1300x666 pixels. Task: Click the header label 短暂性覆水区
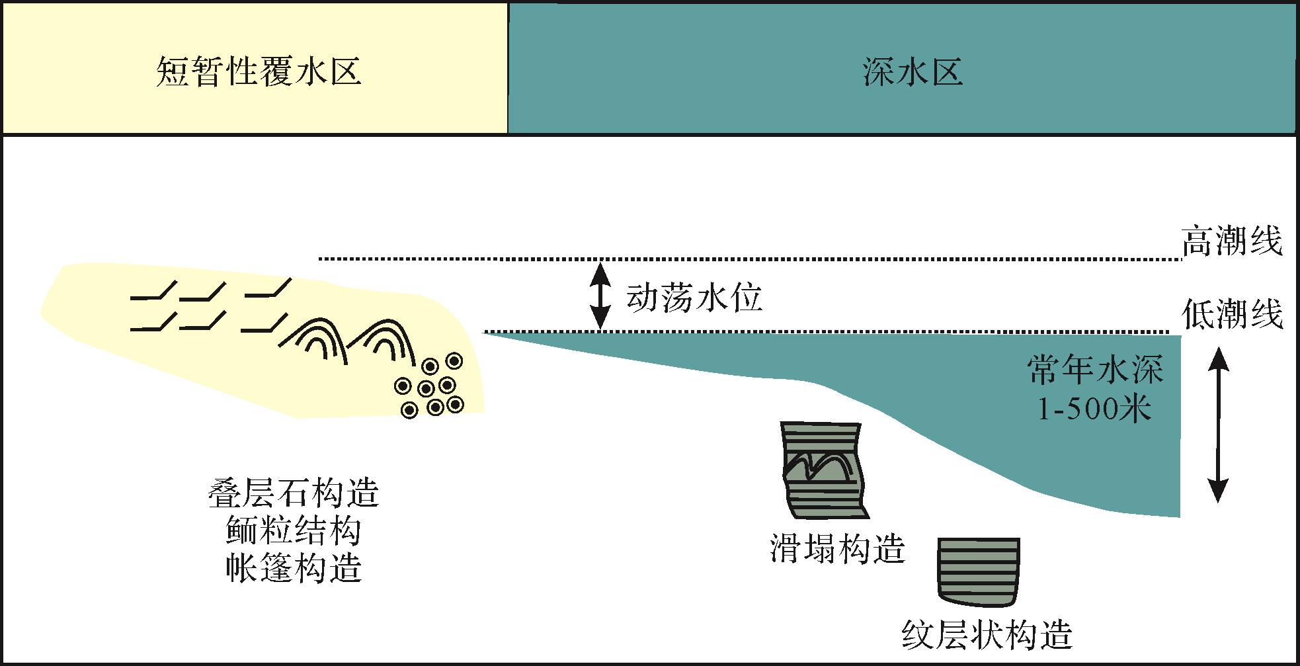259,71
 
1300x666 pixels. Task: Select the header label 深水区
913,71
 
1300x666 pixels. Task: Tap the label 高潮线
1232,241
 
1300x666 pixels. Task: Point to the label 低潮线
1232,313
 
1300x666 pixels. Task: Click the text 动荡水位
694,298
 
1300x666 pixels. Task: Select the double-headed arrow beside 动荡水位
600,296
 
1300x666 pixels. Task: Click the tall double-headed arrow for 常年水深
1218,425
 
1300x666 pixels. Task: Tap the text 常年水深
1095,370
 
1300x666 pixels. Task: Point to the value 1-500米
1094,410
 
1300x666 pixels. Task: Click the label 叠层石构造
294,493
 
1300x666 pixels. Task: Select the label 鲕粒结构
294,531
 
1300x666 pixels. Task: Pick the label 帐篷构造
294,568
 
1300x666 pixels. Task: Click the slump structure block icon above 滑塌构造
824,470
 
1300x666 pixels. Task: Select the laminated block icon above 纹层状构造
979,571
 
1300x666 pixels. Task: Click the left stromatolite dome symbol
318,340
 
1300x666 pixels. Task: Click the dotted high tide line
747,259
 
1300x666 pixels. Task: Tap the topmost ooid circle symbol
454,360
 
